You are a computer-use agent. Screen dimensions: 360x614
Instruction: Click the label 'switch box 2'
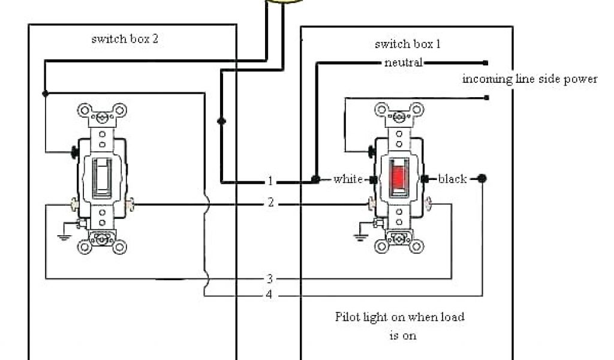[x=125, y=39]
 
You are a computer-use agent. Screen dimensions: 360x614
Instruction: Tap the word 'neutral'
[x=404, y=62]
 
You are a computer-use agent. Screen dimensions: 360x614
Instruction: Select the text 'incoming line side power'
[x=529, y=79]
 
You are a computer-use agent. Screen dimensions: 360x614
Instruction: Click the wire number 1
[x=270, y=181]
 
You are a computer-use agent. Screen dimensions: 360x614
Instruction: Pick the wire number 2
[x=270, y=203]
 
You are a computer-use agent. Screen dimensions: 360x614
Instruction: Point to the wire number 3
[x=270, y=278]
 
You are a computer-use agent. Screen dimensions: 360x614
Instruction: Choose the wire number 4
[x=270, y=295]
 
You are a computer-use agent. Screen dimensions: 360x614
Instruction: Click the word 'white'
[x=348, y=179]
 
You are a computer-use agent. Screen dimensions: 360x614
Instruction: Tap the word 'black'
[x=452, y=179]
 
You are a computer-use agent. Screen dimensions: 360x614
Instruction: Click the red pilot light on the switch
[x=398, y=177]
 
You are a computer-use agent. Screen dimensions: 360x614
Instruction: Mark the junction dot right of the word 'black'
[x=482, y=178]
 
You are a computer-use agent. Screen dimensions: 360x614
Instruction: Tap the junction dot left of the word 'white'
[x=315, y=179]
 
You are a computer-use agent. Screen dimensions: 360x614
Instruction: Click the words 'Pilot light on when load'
[x=399, y=317]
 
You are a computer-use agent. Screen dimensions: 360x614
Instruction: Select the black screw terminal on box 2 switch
[x=76, y=152]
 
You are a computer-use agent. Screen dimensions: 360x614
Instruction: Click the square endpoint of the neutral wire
[x=486, y=62]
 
